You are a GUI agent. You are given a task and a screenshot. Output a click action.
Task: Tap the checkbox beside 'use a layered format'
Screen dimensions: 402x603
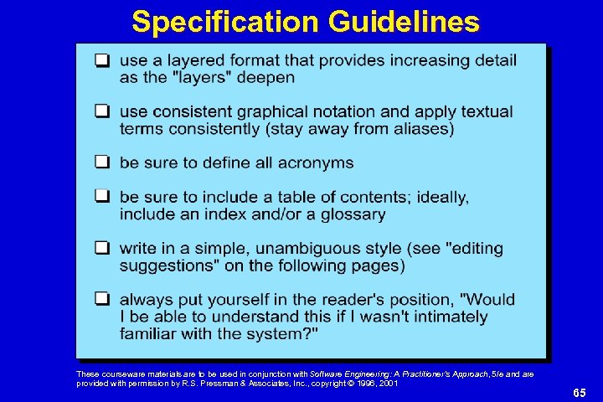point(101,60)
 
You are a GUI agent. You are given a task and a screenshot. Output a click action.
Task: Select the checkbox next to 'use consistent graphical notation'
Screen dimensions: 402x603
point(101,111)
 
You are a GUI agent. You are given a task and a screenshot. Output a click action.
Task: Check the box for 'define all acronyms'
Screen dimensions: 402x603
point(101,162)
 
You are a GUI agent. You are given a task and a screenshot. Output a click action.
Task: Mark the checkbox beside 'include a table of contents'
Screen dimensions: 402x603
point(101,197)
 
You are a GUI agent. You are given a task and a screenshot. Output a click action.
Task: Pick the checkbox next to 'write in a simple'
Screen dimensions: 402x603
point(101,249)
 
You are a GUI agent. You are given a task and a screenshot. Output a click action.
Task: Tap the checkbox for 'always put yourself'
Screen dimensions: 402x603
point(101,300)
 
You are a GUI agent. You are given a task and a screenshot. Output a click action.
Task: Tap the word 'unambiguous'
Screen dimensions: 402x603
point(323,249)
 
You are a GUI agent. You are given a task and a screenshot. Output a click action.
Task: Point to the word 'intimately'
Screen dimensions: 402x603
point(443,317)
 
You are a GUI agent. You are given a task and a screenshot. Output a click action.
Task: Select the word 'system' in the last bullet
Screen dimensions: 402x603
point(285,334)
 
